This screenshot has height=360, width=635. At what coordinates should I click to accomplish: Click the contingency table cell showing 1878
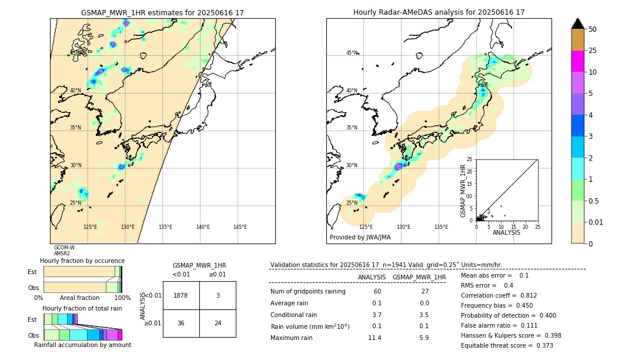(x=181, y=295)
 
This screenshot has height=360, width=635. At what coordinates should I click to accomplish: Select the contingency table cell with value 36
(x=181, y=323)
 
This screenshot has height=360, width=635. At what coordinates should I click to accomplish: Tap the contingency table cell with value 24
(x=218, y=323)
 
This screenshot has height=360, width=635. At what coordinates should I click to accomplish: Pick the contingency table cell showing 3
(x=218, y=295)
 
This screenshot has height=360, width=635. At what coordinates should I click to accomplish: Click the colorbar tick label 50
(x=593, y=29)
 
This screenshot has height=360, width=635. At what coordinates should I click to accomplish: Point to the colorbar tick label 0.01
(x=596, y=222)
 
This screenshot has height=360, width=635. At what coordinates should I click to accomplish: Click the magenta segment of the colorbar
(x=578, y=61)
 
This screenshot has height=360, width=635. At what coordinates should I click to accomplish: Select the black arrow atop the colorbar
(x=578, y=24)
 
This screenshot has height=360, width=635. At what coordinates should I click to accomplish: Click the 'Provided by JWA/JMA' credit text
(x=360, y=238)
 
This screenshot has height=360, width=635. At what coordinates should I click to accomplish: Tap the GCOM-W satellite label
(x=64, y=248)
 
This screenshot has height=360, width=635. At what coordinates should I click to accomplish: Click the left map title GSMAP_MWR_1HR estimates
(x=162, y=12)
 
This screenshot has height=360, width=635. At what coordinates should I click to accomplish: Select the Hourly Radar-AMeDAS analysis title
(x=439, y=12)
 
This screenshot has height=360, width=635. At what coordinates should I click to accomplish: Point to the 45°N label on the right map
(x=352, y=53)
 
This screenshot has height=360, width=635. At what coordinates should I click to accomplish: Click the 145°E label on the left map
(x=240, y=227)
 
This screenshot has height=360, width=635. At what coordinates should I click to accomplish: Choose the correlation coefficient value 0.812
(x=541, y=295)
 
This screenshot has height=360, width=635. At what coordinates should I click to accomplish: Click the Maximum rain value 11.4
(x=374, y=338)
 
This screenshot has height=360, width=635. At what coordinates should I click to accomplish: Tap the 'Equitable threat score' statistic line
(x=507, y=345)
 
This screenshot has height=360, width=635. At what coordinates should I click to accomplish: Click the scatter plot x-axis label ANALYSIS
(x=506, y=232)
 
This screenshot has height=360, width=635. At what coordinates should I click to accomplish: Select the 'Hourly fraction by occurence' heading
(x=82, y=261)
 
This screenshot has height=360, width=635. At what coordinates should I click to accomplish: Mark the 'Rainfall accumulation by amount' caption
(x=82, y=345)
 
